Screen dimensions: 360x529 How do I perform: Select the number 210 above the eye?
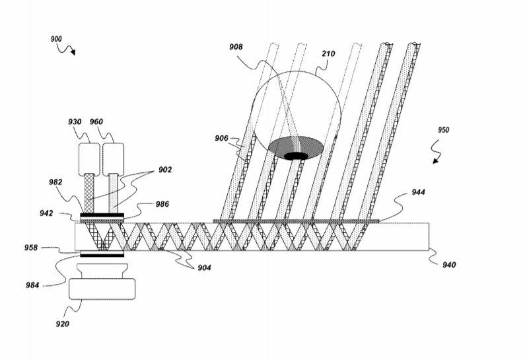coord(329,52)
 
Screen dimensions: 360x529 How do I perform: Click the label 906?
coord(221,138)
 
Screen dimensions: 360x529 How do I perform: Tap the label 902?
coord(164,170)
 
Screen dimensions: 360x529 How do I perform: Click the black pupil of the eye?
coord(296,156)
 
